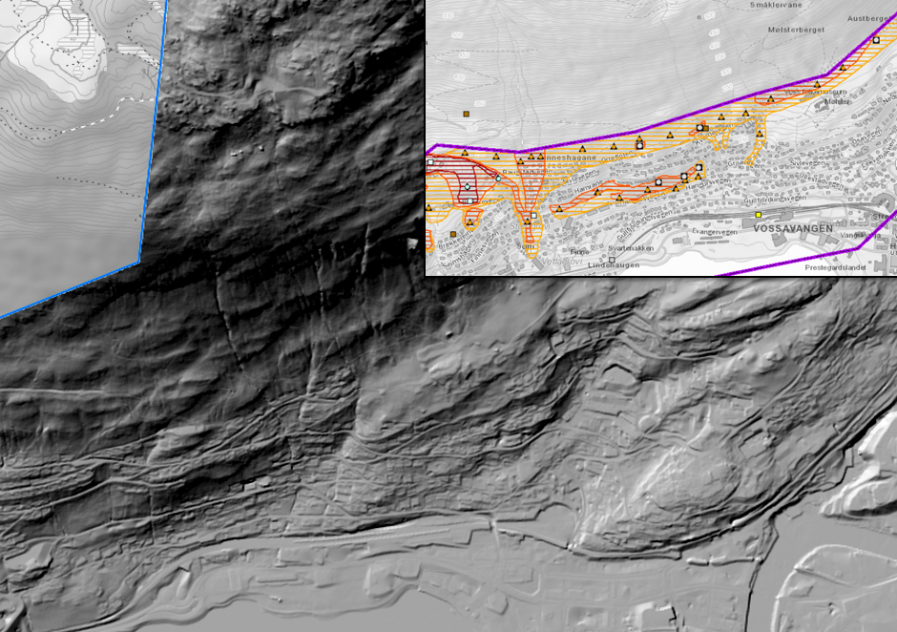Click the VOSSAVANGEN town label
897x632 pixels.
pyautogui.click(x=793, y=229)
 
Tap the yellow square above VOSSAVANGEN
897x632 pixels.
pyautogui.click(x=759, y=215)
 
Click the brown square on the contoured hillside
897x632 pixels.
pyautogui.click(x=467, y=114)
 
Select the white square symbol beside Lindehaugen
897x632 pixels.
pyautogui.click(x=612, y=258)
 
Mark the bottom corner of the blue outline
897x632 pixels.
pyautogui.click(x=139, y=261)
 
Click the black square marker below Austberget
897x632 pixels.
pyautogui.click(x=876, y=39)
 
